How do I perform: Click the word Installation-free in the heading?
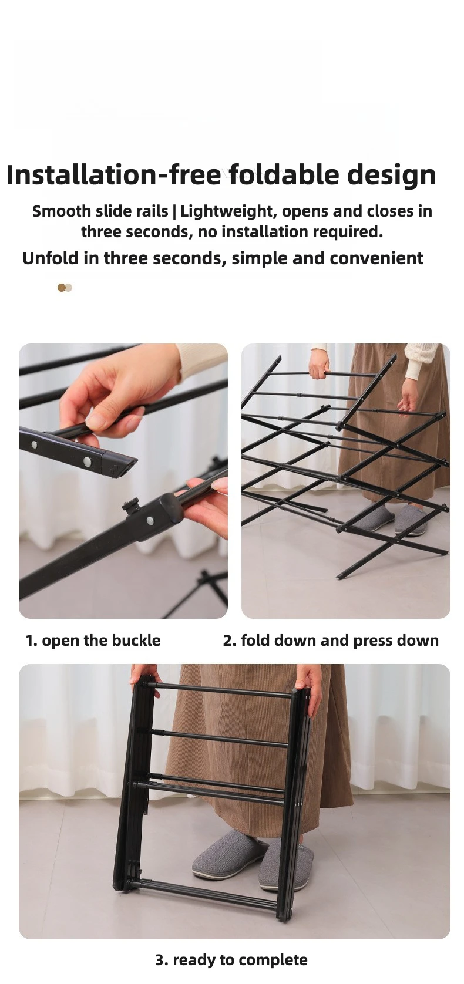(x=113, y=174)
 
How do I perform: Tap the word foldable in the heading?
(x=284, y=174)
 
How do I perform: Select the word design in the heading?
(x=391, y=176)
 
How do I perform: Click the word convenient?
(x=376, y=258)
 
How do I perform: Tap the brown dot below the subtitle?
(x=62, y=288)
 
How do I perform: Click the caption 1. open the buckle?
(x=93, y=641)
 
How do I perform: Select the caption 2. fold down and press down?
(x=331, y=641)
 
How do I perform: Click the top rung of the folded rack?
(x=223, y=690)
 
